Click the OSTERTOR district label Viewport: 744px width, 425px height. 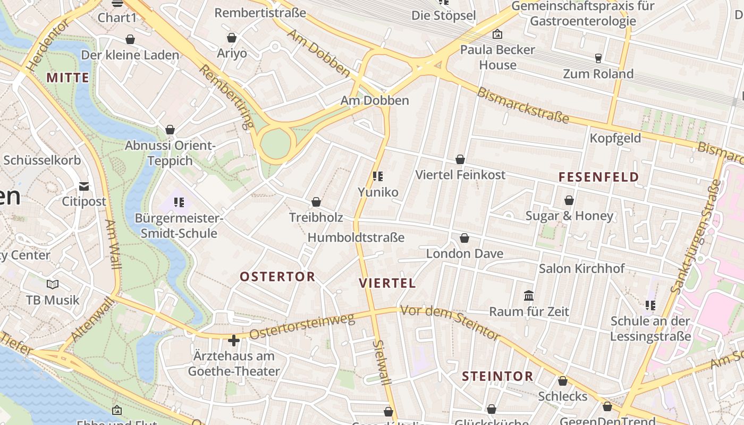[x=277, y=277]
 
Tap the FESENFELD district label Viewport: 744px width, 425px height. [x=598, y=177]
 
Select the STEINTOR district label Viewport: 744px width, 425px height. [x=497, y=377]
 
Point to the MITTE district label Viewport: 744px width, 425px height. [x=67, y=78]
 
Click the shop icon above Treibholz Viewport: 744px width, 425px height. [x=316, y=202]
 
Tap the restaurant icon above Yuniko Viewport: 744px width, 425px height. [x=378, y=176]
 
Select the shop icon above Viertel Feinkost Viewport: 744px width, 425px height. [x=460, y=159]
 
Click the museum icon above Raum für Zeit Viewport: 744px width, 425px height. [x=529, y=295]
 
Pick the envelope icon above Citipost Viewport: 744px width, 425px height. [x=84, y=186]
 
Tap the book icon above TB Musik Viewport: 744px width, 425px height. [x=52, y=285]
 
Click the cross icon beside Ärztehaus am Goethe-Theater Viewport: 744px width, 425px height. [x=233, y=340]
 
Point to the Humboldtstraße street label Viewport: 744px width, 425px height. [x=356, y=237]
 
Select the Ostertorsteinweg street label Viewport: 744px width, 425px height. [x=301, y=327]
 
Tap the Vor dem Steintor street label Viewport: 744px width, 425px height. [x=451, y=322]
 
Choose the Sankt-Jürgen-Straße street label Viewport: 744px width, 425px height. [x=696, y=237]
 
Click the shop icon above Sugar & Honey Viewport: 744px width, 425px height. [x=569, y=201]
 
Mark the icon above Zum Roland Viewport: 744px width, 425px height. [x=598, y=58]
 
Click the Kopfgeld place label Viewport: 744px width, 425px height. [x=615, y=139]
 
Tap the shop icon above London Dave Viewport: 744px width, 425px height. [x=464, y=238]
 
